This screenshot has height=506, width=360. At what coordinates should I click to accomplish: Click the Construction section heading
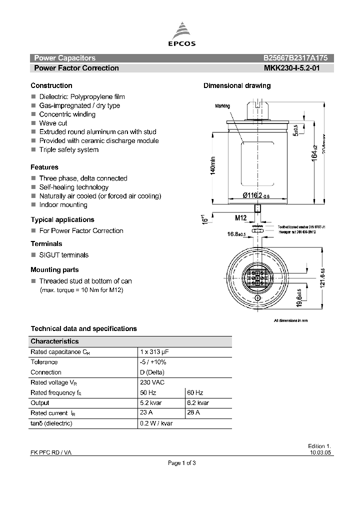pos(51,85)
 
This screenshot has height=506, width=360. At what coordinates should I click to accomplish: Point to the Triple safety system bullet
pos(68,149)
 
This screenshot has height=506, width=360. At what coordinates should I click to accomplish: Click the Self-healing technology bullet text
pos(73,187)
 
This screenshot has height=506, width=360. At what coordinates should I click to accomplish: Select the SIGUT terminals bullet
pos(63,255)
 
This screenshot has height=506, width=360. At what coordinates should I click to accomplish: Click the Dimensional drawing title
pos(237,85)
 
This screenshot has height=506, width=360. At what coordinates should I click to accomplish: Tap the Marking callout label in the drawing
pos(222,106)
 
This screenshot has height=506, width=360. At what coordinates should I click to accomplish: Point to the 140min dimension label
pos(212,164)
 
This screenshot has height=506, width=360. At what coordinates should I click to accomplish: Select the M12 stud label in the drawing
pos(241,218)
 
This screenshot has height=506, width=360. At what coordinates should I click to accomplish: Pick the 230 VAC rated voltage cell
pos(152,382)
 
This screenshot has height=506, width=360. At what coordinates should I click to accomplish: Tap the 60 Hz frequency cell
pos(195,392)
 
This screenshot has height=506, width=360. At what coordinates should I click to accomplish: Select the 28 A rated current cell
pos(193,413)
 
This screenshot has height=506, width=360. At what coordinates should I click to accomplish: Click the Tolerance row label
pos(44,362)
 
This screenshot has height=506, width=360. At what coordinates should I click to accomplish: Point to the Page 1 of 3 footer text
pos(181,463)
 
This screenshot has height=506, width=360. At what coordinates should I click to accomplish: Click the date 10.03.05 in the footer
pos(320,452)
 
